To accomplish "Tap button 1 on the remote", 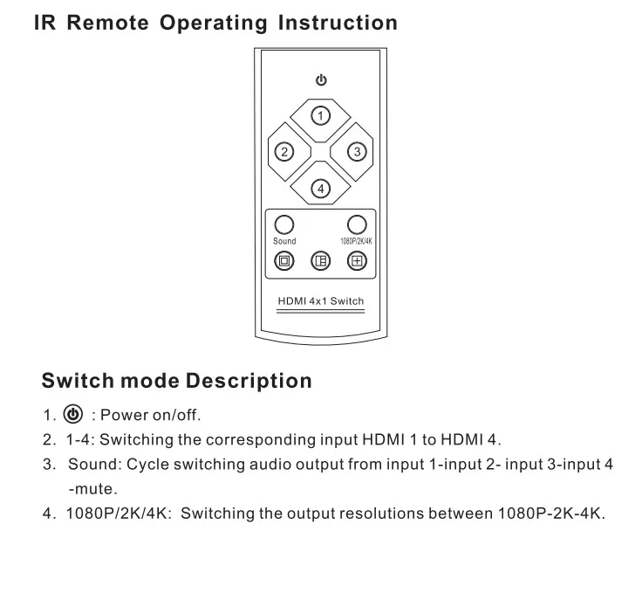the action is pos(321,115).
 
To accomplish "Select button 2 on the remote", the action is pos(283,152).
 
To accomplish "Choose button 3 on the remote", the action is pos(356,152).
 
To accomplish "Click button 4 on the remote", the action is pos(320,188).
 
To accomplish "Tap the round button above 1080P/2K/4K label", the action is pos(357,224).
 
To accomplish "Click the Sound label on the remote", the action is pos(284,241).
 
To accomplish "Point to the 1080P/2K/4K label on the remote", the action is pos(356,241).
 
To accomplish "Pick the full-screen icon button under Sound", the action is pos(283,260).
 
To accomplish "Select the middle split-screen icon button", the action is pos(320,260).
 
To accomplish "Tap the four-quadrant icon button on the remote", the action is pos(356,260).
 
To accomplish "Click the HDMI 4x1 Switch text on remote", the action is pos(320,301).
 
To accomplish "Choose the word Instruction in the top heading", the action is pos(338,24).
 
